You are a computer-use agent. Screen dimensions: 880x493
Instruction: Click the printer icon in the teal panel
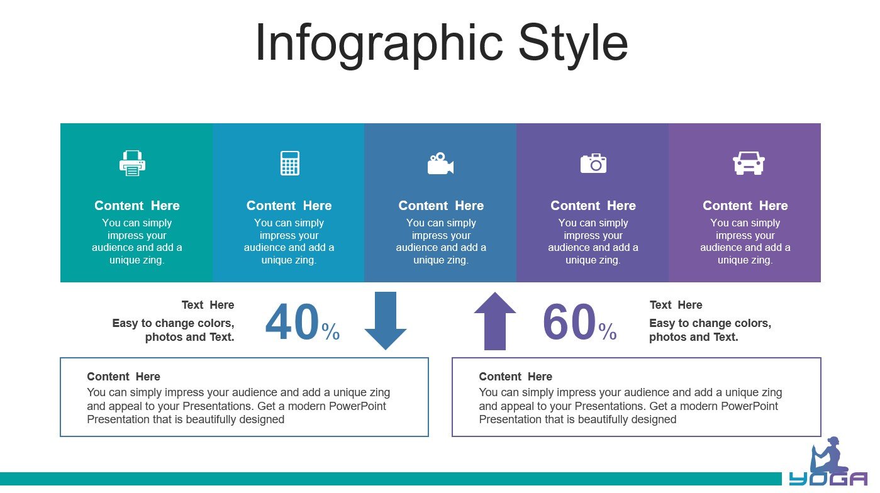point(132,163)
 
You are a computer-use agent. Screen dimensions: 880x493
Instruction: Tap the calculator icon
point(290,163)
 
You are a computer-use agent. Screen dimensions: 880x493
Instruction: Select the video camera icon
point(440,163)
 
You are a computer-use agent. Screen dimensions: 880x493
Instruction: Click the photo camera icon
point(593,163)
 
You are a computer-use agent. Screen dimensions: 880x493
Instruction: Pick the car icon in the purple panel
point(749,163)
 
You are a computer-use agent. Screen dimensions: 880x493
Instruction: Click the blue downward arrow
point(386,321)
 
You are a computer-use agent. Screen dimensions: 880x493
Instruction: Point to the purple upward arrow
point(495,321)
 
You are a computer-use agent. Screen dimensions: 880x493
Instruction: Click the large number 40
point(292,323)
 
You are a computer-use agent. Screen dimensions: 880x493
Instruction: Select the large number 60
point(570,323)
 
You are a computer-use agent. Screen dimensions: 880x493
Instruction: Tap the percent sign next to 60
point(608,331)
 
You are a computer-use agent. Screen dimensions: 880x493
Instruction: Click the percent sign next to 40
point(330,331)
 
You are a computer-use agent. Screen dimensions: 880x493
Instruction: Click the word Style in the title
point(573,43)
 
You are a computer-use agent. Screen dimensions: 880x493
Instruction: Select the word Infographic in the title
point(379,44)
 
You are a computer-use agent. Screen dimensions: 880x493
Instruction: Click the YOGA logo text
point(828,479)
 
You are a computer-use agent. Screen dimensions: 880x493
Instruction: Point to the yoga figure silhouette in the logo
point(828,456)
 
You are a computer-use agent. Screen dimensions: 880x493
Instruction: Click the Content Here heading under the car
point(745,206)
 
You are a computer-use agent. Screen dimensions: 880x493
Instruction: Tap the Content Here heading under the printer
point(136,206)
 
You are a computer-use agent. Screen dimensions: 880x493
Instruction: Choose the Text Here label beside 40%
point(208,305)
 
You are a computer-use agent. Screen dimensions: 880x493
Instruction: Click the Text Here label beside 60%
point(676,305)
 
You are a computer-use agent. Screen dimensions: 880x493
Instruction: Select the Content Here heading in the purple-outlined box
point(515,376)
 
